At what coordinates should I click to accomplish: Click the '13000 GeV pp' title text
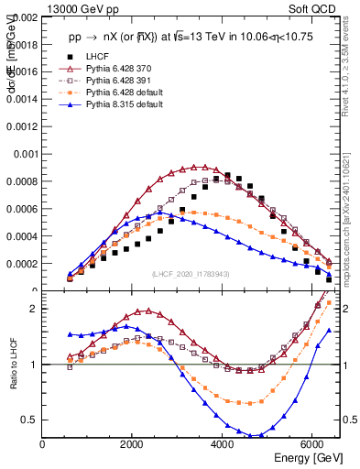point(77,7)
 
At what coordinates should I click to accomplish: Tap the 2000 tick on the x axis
point(133,444)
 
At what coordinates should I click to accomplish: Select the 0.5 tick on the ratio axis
point(29,420)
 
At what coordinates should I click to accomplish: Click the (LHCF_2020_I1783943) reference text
point(190,274)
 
